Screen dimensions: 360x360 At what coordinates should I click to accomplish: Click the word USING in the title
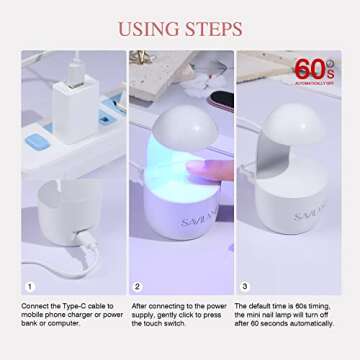(147, 28)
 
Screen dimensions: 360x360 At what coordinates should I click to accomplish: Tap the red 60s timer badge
(314, 69)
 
